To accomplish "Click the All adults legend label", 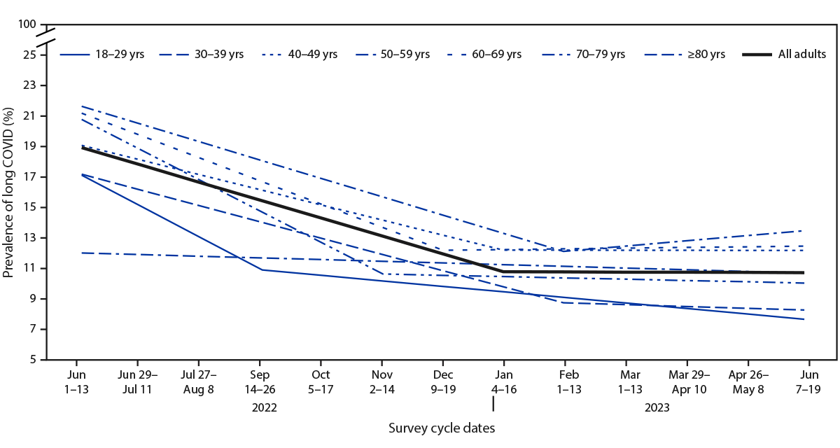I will click(x=802, y=54).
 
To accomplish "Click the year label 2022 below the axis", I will click(x=260, y=407).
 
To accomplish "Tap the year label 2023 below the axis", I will click(x=656, y=407).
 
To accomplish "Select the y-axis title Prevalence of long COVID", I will click(x=9, y=192).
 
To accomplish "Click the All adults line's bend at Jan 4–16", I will click(x=503, y=271).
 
